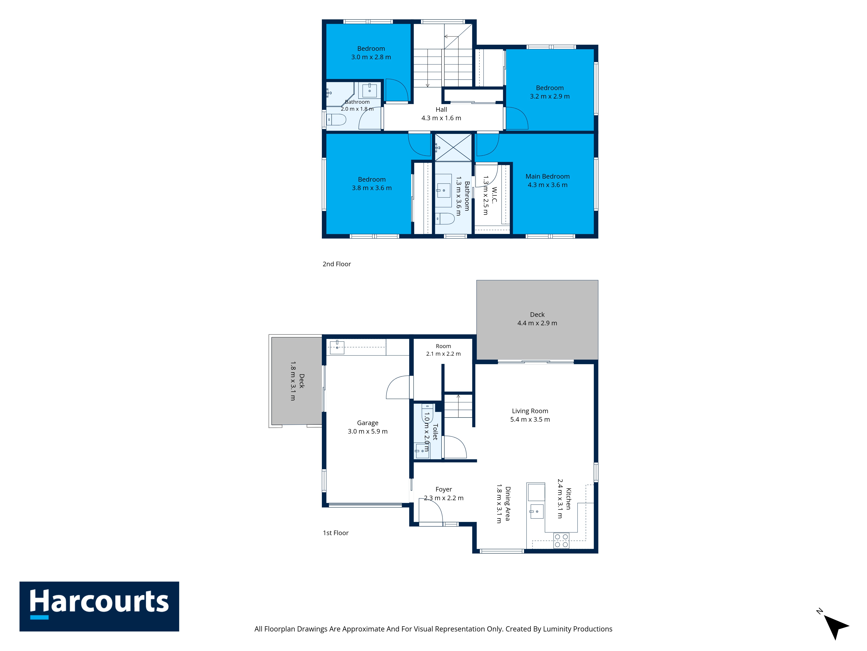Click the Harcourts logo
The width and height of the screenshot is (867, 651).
pyautogui.click(x=99, y=606)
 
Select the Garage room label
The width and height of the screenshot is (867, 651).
pyautogui.click(x=368, y=427)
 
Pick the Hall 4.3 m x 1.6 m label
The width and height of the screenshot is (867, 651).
pyautogui.click(x=441, y=114)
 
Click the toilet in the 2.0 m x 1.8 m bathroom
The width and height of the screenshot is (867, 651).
pyautogui.click(x=336, y=119)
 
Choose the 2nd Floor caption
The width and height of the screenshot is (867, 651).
pyautogui.click(x=337, y=264)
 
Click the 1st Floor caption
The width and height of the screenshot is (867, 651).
pyautogui.click(x=336, y=533)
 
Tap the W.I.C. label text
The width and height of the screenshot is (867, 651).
pyautogui.click(x=494, y=195)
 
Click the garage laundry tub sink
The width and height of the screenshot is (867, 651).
pyautogui.click(x=337, y=347)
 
